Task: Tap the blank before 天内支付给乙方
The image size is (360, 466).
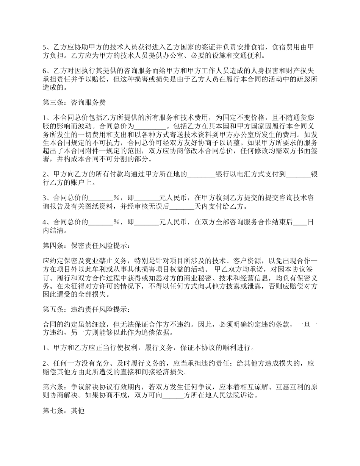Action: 182,207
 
